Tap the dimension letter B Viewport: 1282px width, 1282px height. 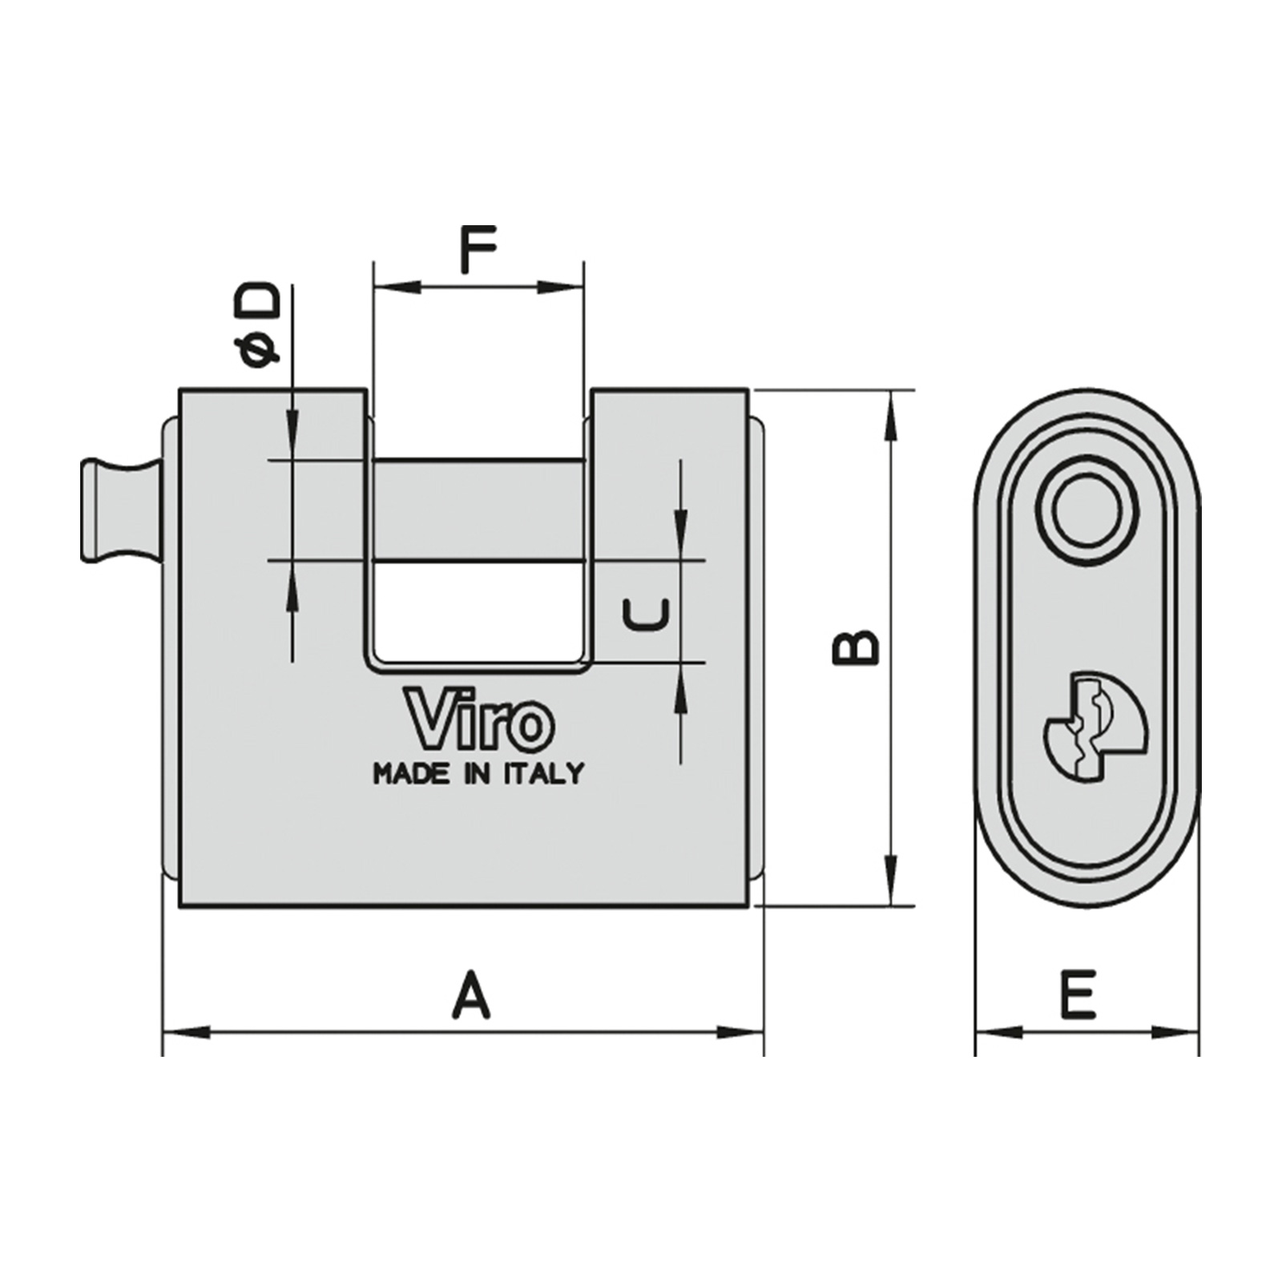(856, 647)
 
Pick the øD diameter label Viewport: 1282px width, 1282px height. (256, 325)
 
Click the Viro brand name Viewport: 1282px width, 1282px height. (479, 718)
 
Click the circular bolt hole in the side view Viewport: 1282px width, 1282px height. (1086, 511)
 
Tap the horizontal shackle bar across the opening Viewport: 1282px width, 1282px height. (478, 510)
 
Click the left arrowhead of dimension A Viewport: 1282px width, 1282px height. (186, 1032)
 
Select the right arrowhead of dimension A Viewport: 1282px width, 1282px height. (740, 1032)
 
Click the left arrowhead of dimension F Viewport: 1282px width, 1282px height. (398, 287)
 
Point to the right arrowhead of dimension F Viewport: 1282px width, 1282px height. (560, 287)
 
